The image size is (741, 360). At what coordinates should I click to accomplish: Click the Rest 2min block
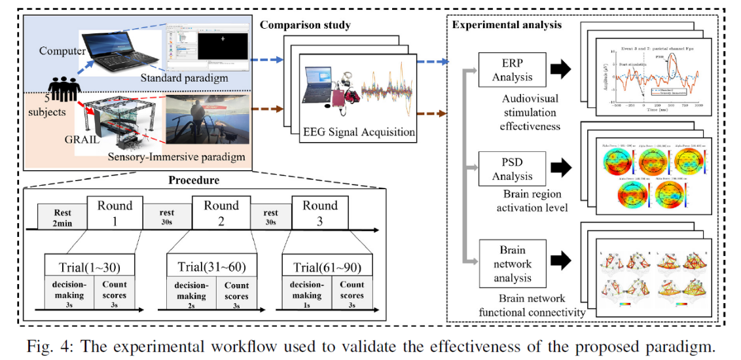pos(63,217)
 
